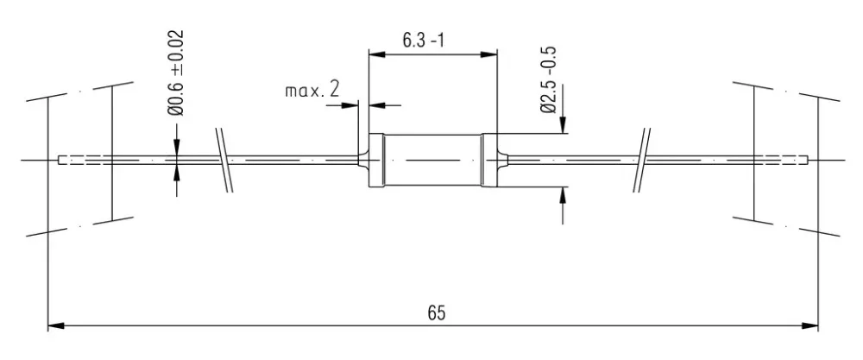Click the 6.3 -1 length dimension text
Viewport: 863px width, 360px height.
[423, 41]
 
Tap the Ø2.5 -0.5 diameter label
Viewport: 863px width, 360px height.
[549, 79]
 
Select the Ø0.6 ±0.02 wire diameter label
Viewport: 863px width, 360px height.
[176, 73]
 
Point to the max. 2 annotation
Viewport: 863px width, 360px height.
[312, 90]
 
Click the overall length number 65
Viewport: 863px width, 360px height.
[436, 313]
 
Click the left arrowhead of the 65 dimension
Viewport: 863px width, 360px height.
[57, 325]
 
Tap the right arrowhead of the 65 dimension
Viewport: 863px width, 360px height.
[809, 325]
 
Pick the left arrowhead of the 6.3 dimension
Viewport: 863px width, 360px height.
[376, 54]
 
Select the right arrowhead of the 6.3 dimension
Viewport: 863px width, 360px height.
[488, 54]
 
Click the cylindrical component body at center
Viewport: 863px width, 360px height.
[432, 161]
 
